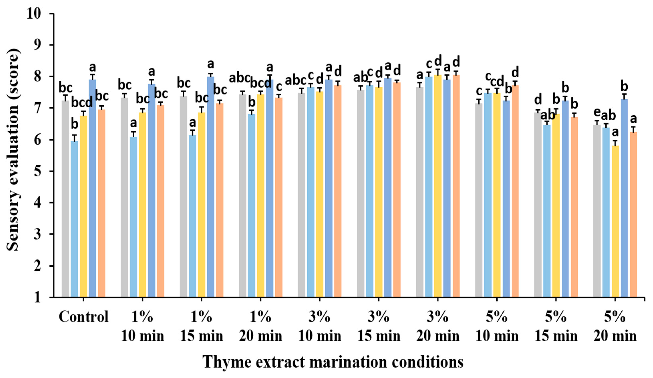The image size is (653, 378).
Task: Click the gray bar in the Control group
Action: click(65, 199)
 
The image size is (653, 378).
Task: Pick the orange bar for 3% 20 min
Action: click(456, 186)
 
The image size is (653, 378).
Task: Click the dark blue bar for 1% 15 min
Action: click(210, 187)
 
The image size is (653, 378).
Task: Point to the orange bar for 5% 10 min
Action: click(515, 191)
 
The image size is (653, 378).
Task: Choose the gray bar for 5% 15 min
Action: click(538, 205)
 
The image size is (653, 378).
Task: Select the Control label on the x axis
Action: click(84, 317)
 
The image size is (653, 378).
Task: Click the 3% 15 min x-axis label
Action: click(379, 326)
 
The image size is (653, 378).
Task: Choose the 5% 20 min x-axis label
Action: click(615, 326)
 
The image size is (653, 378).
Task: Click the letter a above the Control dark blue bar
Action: click(93, 68)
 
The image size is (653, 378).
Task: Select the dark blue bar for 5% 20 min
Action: click(625, 198)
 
